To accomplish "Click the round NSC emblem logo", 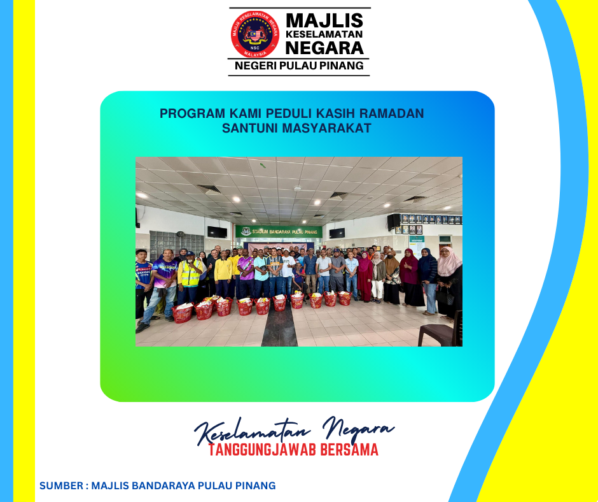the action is pos(254,34).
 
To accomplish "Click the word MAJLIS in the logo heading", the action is pos(324,20).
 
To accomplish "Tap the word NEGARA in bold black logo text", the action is pos(324,48).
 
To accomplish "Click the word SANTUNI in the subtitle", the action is pos(250,128).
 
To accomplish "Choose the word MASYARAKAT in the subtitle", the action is pos(326,128).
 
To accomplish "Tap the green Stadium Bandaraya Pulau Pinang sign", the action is pos(279,231).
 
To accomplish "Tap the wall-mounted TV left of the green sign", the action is pos(217,232).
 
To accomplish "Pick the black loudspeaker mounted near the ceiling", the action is pos(394,222).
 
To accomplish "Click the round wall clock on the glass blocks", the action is pos(181,234).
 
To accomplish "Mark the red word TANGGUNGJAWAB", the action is pos(262,450).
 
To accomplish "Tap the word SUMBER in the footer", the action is pos(62,485).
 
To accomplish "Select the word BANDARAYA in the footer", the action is pos(156,485).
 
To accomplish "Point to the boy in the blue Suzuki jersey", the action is pos(143,283).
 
